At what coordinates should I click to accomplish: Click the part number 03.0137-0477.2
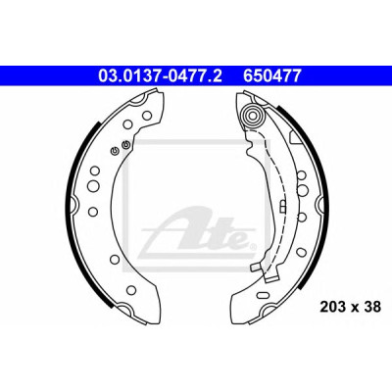pyautogui.click(x=160, y=75)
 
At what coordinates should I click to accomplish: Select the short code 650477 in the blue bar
pyautogui.click(x=271, y=75)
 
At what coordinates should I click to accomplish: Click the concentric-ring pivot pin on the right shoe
pyautogui.click(x=254, y=115)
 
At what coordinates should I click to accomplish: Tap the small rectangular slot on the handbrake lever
pyautogui.click(x=283, y=206)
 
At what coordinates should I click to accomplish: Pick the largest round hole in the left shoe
pyautogui.click(x=93, y=185)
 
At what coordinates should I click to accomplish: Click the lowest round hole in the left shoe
pyautogui.click(x=131, y=289)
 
